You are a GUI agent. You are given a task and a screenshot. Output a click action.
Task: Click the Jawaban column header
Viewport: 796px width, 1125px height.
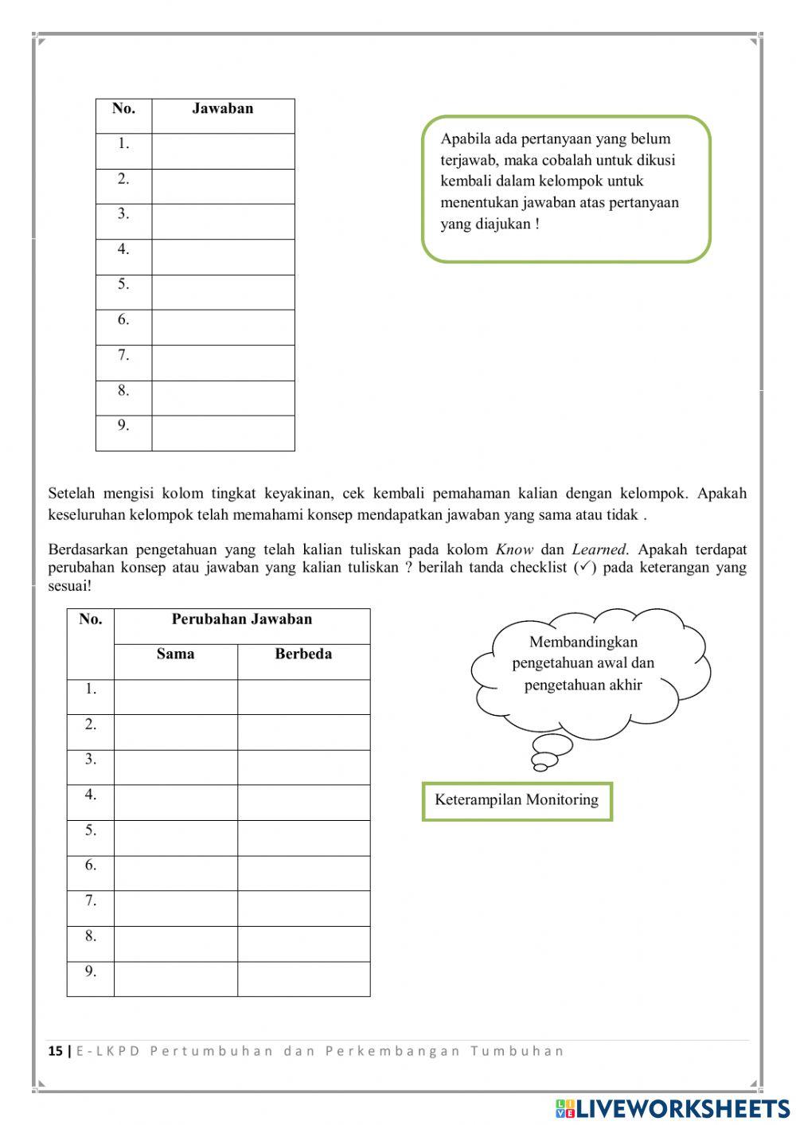[222, 109]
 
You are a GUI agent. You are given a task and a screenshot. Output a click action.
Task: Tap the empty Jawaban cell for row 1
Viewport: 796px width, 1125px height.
[223, 151]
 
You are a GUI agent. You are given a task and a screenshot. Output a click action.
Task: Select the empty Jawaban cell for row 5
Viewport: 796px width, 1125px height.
[223, 292]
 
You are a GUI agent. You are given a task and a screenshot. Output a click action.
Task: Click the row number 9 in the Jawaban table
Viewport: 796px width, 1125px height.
[123, 425]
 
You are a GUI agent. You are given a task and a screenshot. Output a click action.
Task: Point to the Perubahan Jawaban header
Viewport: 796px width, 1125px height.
[241, 619]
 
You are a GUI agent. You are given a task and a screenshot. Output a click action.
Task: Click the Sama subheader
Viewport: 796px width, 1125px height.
[175, 654]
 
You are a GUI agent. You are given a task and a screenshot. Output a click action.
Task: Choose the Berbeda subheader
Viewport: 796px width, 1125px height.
[303, 654]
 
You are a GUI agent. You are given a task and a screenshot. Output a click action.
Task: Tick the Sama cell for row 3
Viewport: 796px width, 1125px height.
[175, 768]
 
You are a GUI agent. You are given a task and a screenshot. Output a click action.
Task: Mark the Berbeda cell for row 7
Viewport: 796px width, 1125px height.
[303, 908]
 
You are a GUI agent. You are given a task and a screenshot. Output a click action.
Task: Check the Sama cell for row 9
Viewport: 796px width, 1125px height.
[175, 979]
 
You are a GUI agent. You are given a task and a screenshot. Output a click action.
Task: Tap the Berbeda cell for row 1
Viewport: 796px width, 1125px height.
[303, 697]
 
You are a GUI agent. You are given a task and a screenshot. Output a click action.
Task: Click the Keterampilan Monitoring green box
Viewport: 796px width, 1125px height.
[517, 800]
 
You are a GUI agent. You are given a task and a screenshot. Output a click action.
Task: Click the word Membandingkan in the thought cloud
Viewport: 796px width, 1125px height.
[583, 642]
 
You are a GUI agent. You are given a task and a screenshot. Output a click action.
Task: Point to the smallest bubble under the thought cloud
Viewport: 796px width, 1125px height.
[540, 767]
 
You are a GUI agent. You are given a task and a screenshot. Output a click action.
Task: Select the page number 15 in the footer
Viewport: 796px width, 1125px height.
[55, 1051]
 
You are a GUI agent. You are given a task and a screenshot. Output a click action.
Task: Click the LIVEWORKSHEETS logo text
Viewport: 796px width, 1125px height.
[682, 1107]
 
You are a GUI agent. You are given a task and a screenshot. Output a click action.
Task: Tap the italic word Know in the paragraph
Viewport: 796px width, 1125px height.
[513, 549]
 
